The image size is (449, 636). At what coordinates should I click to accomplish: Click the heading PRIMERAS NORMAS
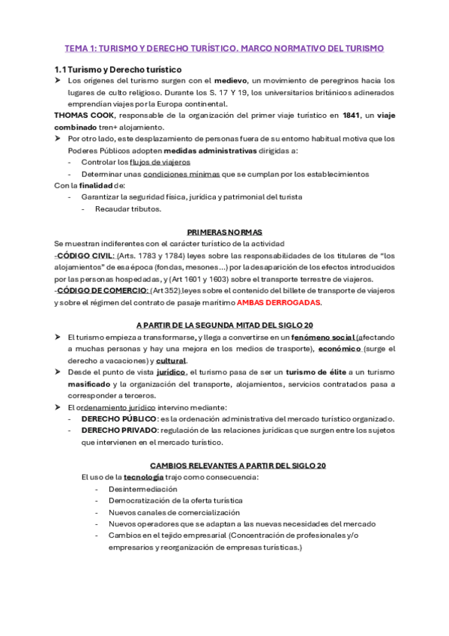pyautogui.click(x=224, y=232)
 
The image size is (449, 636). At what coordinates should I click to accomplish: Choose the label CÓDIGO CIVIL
pyautogui.click(x=83, y=255)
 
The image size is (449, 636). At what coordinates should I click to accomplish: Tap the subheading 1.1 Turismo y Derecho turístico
pyautogui.click(x=118, y=68)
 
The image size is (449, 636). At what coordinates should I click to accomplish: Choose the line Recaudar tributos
pyautogui.click(x=127, y=208)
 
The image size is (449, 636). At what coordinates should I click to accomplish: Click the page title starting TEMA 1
pyautogui.click(x=224, y=48)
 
